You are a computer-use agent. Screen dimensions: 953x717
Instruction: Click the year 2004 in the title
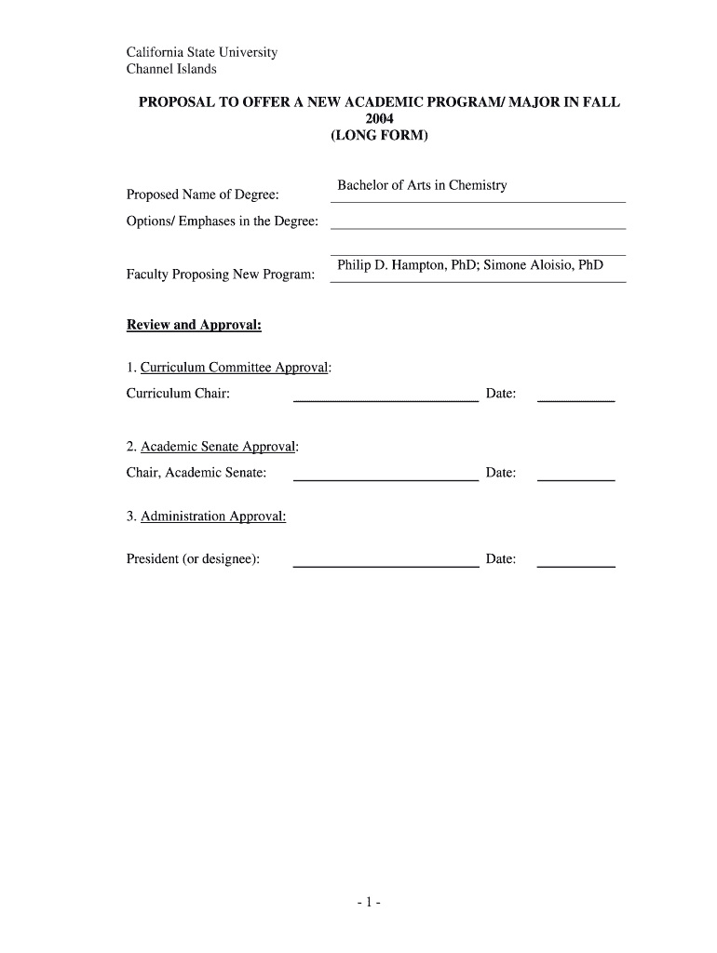(379, 119)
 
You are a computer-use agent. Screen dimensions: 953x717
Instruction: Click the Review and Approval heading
(194, 325)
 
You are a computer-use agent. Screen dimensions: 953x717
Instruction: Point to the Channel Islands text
(171, 69)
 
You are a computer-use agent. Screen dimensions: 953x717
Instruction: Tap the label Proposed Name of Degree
(203, 195)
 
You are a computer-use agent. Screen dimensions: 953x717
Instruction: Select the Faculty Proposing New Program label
(220, 275)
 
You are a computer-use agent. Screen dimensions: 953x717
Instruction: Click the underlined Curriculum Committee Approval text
(235, 368)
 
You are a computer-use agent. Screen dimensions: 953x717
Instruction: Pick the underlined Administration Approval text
(213, 517)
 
